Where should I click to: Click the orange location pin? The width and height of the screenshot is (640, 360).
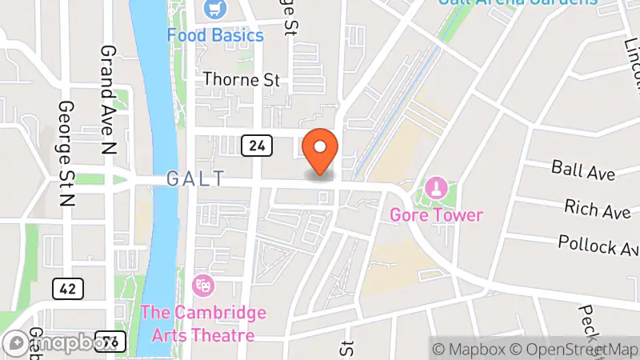point(321,150)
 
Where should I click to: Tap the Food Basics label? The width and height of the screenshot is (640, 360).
point(215,36)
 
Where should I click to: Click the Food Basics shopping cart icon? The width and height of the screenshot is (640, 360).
point(214,10)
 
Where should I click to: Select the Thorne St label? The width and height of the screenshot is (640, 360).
point(242,80)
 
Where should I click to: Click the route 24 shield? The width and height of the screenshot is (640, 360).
point(257,146)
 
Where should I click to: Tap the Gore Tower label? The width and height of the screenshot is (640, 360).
point(437,215)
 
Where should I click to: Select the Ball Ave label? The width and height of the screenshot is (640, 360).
point(582,170)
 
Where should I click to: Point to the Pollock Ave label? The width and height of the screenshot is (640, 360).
point(598,243)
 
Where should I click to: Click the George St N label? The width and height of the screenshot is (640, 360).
point(66,154)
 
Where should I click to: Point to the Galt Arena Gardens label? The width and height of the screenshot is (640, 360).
point(517,2)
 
